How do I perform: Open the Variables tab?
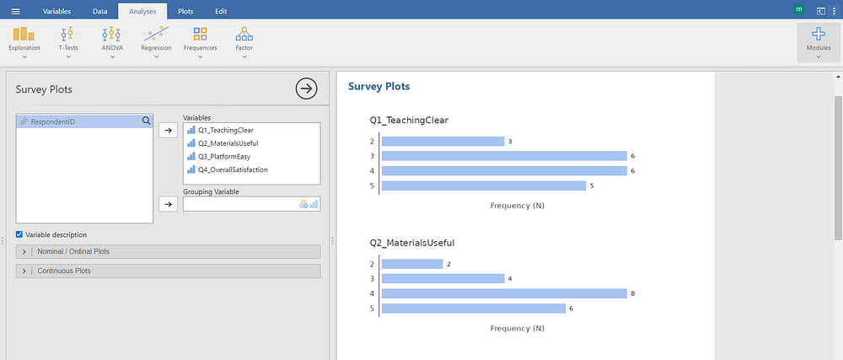tap(56, 11)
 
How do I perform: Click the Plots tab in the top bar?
tap(185, 11)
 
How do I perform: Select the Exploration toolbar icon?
tap(24, 34)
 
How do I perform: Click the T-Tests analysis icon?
tap(67, 34)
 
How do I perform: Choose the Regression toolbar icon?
tap(156, 34)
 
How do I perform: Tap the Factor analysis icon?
tap(244, 34)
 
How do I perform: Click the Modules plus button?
tap(819, 35)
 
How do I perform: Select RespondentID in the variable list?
tap(52, 122)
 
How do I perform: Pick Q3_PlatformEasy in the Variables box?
tap(224, 156)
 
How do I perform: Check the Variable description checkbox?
tap(19, 234)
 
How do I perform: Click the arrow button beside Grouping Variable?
tap(169, 204)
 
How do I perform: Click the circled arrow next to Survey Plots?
tap(307, 89)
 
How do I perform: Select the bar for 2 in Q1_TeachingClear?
tap(443, 142)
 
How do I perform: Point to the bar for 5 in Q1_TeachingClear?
tap(484, 186)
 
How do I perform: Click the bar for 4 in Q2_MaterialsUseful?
tap(504, 293)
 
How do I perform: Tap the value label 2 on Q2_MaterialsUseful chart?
tap(449, 264)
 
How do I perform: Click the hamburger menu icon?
tap(15, 11)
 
